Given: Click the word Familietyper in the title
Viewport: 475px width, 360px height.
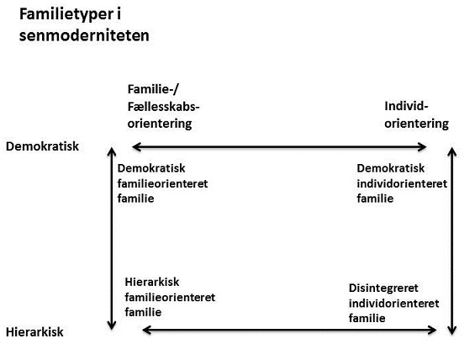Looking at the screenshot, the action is click(x=67, y=14).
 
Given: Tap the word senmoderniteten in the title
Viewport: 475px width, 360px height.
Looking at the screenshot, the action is click(x=84, y=35).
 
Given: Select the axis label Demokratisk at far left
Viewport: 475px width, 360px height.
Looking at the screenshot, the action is click(x=42, y=146).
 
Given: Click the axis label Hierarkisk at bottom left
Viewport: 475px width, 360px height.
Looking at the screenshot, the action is click(x=34, y=332).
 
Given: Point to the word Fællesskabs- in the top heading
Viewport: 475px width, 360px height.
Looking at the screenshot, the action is click(x=164, y=107).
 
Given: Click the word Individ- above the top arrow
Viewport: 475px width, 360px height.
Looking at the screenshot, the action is click(x=406, y=106).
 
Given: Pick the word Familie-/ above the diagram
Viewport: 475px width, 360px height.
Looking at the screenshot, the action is click(x=153, y=89).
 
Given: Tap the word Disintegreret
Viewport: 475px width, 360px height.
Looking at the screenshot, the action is click(x=383, y=288).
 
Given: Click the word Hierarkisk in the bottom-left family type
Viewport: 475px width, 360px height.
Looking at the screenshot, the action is click(x=152, y=282).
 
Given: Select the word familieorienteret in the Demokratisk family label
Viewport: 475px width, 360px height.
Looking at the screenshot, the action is click(x=162, y=183).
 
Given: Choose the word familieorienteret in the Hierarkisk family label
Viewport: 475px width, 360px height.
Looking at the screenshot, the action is click(x=170, y=297).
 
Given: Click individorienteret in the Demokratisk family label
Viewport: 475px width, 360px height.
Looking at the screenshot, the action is click(x=402, y=183).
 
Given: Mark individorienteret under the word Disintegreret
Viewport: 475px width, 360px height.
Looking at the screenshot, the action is click(x=393, y=304).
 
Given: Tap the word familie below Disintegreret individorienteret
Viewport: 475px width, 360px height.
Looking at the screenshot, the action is click(x=367, y=318).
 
